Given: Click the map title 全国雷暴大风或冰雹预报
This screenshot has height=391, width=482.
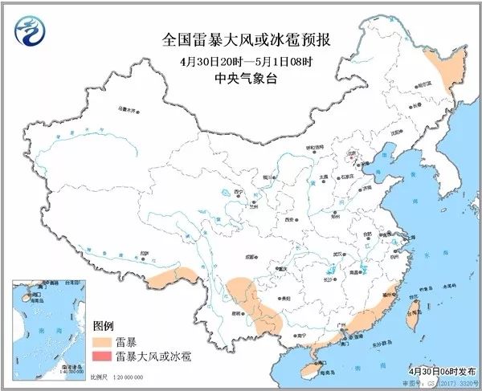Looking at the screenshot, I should (x=241, y=39).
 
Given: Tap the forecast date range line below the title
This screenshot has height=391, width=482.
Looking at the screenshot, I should (x=240, y=61).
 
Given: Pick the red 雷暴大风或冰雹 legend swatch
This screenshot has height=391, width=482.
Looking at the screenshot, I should (x=103, y=356).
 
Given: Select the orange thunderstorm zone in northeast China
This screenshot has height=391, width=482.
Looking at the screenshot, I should (x=439, y=68).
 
